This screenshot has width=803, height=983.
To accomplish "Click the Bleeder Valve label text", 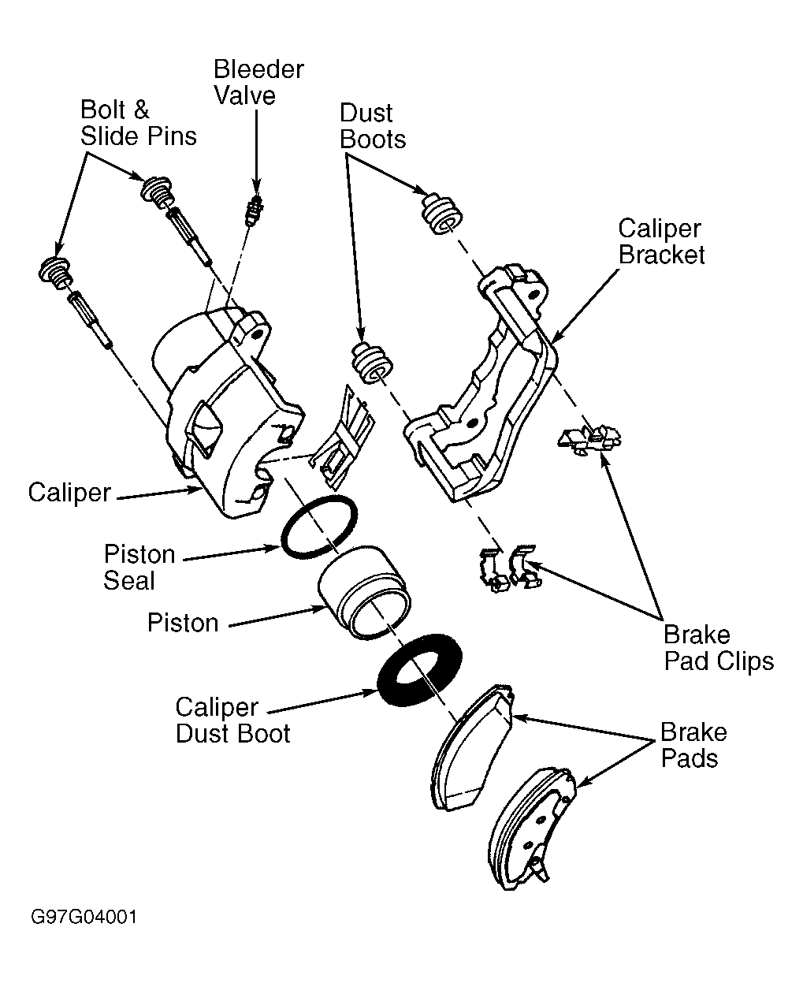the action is pyautogui.click(x=258, y=83).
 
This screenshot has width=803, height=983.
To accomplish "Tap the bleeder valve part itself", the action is pyautogui.click(x=255, y=210).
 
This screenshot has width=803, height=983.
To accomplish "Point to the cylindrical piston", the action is pyautogui.click(x=364, y=593).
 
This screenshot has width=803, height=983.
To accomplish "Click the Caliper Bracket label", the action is pyautogui.click(x=661, y=241).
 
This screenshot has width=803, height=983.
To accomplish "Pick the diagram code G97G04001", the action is pyautogui.click(x=84, y=917).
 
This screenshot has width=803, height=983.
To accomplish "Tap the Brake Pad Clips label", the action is pyautogui.click(x=719, y=648).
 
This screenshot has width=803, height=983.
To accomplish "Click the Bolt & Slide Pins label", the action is pyautogui.click(x=139, y=123).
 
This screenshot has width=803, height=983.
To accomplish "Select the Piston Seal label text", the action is pyautogui.click(x=139, y=568).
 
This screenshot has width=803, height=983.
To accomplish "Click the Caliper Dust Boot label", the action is pyautogui.click(x=232, y=720).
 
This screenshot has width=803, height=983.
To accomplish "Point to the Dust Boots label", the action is pyautogui.click(x=373, y=126).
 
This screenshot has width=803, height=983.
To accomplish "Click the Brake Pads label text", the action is pyautogui.click(x=693, y=745).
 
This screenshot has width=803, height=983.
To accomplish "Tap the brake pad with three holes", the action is pyautogui.click(x=531, y=829).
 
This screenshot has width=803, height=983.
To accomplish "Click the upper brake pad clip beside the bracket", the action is pyautogui.click(x=589, y=439).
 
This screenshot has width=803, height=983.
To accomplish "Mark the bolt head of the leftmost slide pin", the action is pyautogui.click(x=54, y=272).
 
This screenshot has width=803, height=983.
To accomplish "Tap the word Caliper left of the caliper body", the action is pyautogui.click(x=69, y=493).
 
